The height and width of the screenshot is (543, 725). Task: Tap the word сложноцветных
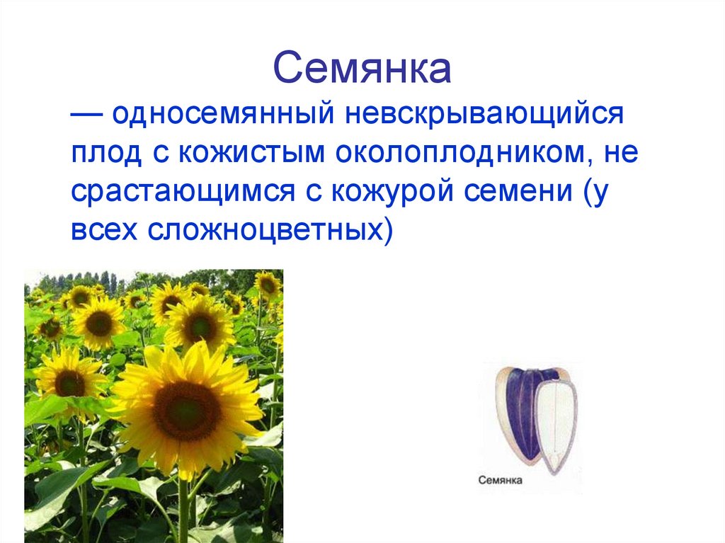(x=271, y=230)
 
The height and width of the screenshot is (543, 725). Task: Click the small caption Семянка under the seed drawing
(x=500, y=481)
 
